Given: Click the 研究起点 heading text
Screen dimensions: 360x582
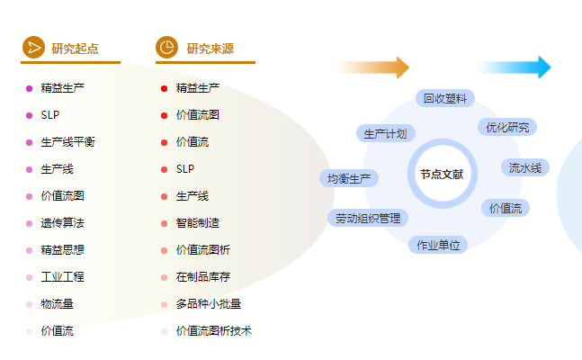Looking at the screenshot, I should point(75,49).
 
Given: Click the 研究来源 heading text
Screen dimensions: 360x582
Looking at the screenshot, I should point(210,49).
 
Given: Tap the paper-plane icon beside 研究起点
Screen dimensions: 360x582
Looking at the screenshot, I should point(33,48).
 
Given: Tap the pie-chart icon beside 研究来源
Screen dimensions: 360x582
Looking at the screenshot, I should point(166,48).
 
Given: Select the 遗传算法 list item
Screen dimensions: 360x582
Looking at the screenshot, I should point(62,223).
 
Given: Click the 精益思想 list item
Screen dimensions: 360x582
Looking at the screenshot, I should point(62,250).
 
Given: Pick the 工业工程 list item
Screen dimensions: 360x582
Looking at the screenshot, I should point(62,277).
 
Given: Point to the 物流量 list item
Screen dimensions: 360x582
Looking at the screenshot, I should point(57,304).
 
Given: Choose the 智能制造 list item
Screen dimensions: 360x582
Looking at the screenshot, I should point(197,223).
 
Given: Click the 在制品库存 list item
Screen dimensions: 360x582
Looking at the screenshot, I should point(202,277).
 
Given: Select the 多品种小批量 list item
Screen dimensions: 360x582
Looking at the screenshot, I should point(208,304).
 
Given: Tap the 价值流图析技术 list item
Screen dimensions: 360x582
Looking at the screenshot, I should point(213,331).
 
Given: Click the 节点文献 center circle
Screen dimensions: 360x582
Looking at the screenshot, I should point(441,174).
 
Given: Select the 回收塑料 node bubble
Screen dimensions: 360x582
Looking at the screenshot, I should point(445,98).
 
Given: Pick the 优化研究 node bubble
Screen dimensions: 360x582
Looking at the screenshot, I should point(507,127).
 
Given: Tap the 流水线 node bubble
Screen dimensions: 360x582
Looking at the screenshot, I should point(525,167).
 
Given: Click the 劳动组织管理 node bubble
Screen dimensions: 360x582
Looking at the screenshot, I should point(368,218).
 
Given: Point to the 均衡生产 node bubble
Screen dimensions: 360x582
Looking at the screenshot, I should point(349,178).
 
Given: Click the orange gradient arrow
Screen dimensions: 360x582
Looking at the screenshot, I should point(373,67).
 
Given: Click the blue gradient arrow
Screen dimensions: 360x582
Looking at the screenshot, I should point(515,67).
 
